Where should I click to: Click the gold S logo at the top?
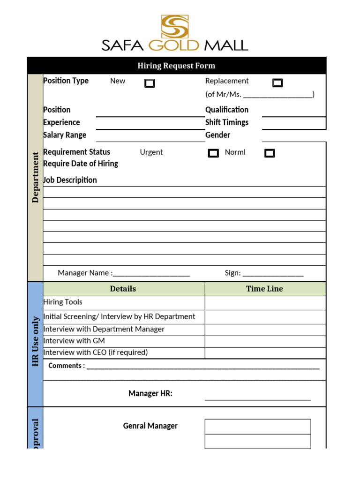coord(175,26)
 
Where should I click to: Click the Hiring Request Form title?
coord(176,66)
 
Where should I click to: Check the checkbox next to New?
coord(150,83)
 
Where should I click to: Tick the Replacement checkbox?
coord(277,83)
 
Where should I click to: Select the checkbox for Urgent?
coord(213,153)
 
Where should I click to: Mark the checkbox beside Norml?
coord(270,153)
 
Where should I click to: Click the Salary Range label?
coord(65,135)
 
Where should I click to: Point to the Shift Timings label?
coord(227,122)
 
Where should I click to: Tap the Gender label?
coord(217,135)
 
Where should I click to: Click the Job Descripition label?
coord(70,180)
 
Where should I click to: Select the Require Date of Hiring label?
coord(81,164)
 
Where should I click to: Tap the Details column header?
coord(123,289)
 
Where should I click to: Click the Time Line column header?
coord(264,289)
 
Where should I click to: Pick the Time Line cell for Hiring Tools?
coord(265,303)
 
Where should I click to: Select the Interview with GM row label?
coord(74,341)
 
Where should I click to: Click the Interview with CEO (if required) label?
coord(96,352)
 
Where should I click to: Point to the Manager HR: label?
coord(150,393)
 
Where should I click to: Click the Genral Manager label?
coord(150,426)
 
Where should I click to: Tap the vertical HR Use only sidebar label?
coord(36,342)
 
